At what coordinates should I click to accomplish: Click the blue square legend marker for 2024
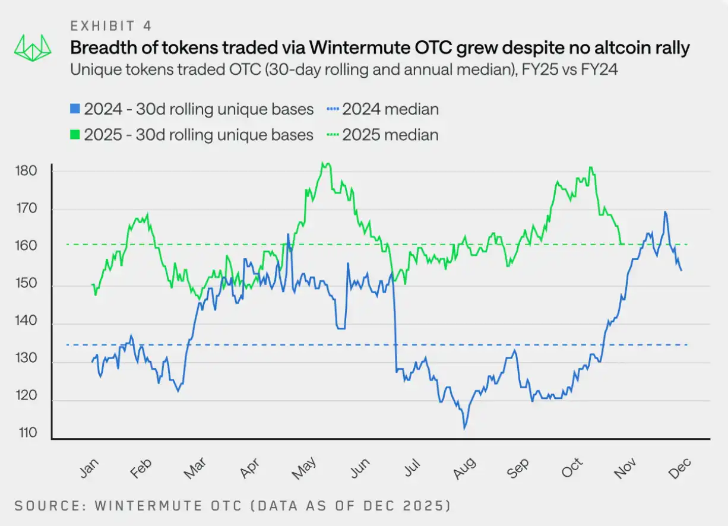[75, 109]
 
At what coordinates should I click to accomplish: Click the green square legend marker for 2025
[75, 135]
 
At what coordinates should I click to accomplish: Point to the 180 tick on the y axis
[27, 171]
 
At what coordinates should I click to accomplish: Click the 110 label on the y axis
[27, 433]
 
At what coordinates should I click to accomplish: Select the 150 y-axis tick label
[27, 286]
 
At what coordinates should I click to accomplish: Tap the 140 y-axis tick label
[27, 324]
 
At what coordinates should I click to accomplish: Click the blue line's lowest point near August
[464, 427]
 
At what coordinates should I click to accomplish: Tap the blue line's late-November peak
[665, 212]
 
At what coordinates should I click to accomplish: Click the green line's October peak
[590, 167]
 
